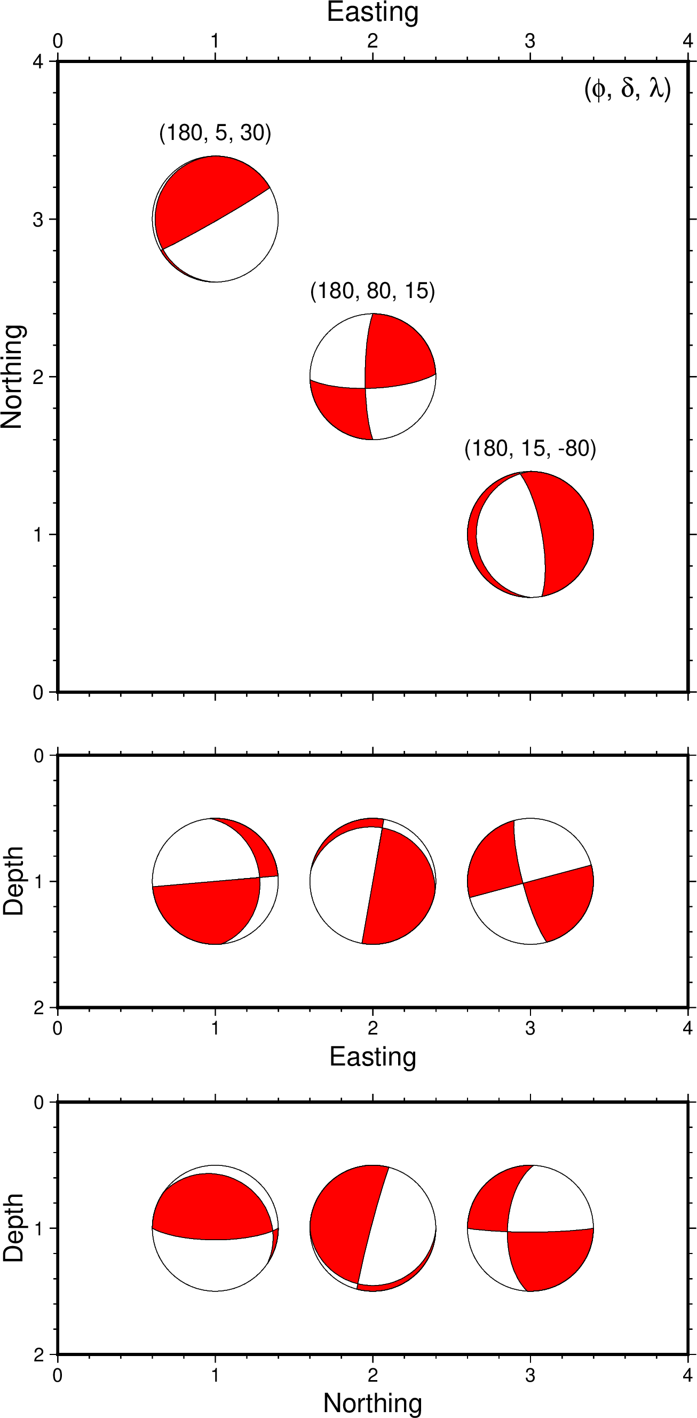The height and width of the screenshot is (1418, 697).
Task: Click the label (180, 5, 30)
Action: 215,133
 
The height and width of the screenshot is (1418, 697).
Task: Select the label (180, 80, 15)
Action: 373,291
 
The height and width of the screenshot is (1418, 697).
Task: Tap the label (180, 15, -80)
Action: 530,449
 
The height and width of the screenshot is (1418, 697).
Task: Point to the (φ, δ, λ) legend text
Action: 627,89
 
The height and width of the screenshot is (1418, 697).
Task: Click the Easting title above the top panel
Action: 373,12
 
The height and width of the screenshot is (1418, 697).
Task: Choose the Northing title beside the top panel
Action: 12,377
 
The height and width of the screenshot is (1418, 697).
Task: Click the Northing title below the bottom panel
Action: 373,1403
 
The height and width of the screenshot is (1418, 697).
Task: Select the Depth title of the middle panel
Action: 13,881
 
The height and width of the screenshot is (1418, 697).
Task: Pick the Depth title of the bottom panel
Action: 13,1228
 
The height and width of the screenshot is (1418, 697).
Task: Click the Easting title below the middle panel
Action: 373,1057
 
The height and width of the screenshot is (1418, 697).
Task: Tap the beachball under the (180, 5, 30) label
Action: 215,219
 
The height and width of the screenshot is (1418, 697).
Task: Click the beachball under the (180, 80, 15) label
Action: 373,377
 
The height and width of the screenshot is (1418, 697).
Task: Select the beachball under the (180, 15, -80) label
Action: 530,535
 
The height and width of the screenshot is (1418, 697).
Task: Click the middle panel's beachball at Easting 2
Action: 373,881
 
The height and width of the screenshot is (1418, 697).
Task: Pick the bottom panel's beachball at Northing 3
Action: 530,1228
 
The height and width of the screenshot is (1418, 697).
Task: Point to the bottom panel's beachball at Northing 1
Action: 215,1228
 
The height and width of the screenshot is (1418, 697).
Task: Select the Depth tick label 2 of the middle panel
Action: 38,1008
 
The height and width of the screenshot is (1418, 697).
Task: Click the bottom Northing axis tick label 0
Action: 58,1376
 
